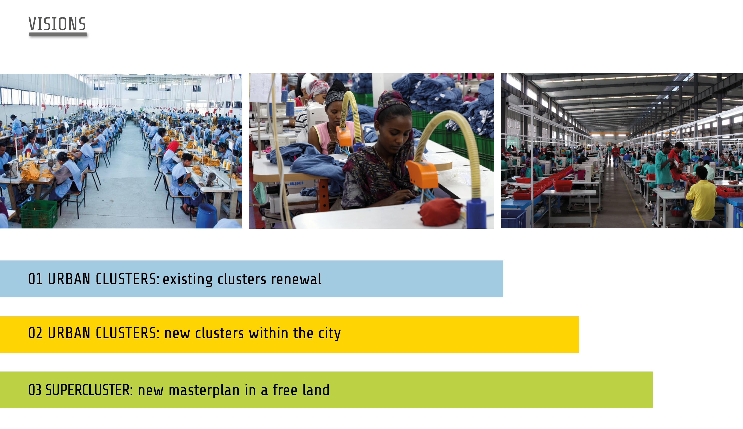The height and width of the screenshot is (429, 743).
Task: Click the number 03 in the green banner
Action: coord(35,390)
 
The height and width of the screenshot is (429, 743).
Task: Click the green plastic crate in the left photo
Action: coord(39,214)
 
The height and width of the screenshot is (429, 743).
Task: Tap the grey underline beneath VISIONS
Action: coord(58,34)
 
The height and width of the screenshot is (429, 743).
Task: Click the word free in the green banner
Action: coord(285,390)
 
